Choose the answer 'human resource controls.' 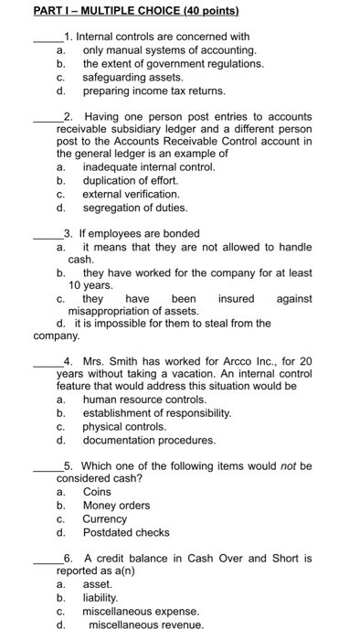click(x=144, y=400)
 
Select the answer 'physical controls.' click(x=124, y=426)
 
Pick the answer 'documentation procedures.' click(x=149, y=440)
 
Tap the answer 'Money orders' click(x=116, y=505)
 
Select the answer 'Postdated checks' click(x=126, y=531)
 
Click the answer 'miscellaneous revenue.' click(x=145, y=624)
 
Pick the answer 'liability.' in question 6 click(x=101, y=597)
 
